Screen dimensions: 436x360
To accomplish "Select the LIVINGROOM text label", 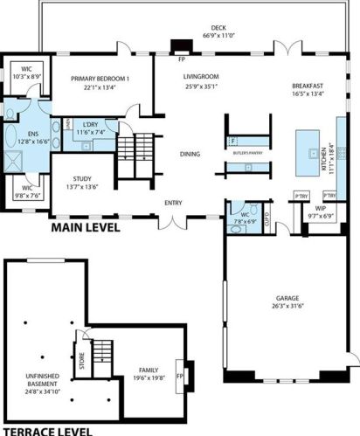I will (199, 78).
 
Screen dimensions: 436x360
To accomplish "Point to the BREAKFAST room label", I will (308, 86).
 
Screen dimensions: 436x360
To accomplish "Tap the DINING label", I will (190, 155).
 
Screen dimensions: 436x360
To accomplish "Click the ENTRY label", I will (173, 204).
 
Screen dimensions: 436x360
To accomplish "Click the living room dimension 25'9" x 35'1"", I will (199, 87).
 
